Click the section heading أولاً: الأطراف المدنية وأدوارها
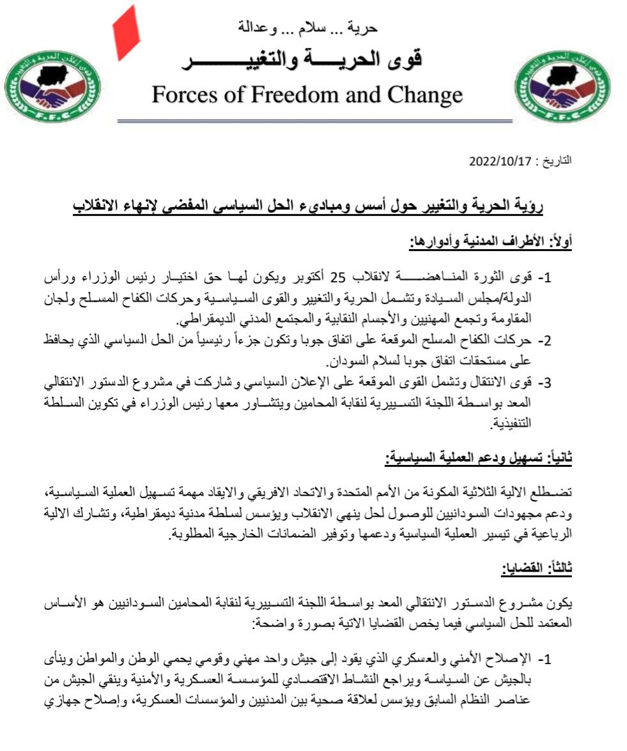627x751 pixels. click(x=490, y=242)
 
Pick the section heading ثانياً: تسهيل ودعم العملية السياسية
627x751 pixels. click(x=480, y=457)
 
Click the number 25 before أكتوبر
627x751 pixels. click(x=338, y=279)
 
